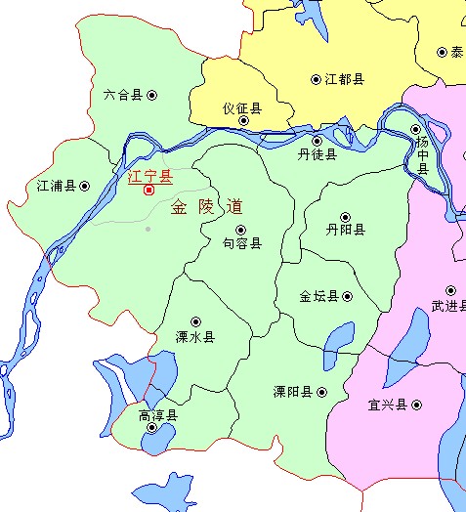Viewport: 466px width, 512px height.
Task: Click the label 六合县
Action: (122, 95)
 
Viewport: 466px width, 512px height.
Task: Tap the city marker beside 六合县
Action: (151, 95)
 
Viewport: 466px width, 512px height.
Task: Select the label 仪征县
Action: (242, 107)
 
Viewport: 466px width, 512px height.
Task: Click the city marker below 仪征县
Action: (243, 122)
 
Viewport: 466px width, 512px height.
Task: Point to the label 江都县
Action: (345, 79)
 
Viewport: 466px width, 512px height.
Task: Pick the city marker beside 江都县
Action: (316, 79)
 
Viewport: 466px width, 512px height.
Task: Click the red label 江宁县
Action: (149, 176)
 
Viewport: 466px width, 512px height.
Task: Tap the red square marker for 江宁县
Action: (148, 191)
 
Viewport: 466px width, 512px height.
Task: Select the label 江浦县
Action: (56, 184)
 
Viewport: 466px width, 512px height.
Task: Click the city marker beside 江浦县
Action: (85, 184)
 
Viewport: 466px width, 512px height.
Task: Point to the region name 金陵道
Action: (206, 207)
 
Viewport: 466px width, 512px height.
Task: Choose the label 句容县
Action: (241, 243)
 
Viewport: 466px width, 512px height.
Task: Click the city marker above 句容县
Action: (241, 230)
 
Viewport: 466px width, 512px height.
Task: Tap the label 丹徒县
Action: (318, 154)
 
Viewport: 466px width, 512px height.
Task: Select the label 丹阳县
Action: (346, 231)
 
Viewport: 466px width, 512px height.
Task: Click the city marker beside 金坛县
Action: (347, 296)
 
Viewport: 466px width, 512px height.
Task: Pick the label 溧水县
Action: (195, 336)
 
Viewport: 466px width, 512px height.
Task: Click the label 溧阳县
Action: (292, 392)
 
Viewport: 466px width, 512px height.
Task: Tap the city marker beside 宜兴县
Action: (415, 405)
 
